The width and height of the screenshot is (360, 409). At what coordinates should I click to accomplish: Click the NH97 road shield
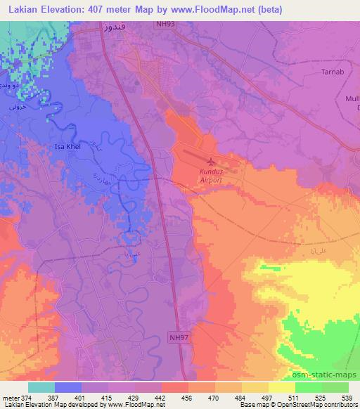click(178, 337)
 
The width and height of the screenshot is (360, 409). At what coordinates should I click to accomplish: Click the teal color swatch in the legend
click(41, 387)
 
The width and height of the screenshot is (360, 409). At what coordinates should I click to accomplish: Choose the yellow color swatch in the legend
click(282, 387)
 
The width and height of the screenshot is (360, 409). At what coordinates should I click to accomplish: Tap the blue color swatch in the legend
click(68, 387)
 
